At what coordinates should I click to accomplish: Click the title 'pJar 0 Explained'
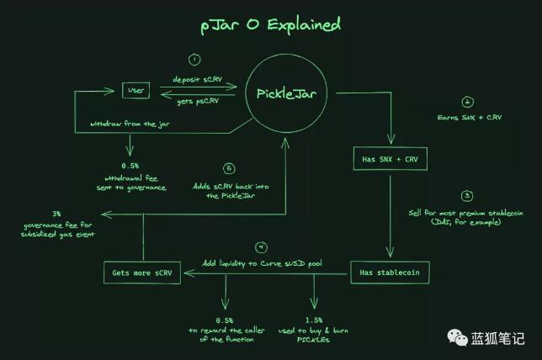(270, 24)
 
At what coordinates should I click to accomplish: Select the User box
(135, 89)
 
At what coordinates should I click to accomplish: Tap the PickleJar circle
(285, 92)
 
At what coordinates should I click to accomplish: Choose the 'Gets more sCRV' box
(142, 273)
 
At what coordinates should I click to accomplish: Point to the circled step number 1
(194, 60)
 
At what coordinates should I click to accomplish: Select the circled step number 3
(468, 194)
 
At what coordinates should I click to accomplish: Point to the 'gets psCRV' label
(197, 101)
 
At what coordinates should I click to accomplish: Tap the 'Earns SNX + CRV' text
(468, 117)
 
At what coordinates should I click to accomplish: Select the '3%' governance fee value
(56, 214)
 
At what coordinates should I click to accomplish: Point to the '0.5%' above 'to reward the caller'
(224, 320)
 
